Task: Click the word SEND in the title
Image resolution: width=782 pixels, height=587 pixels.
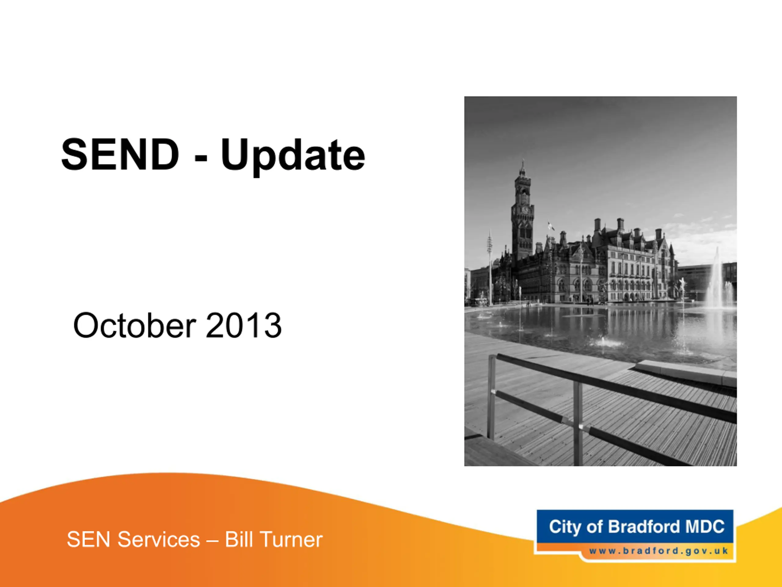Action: point(120,155)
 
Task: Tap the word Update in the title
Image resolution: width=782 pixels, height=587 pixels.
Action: point(293,157)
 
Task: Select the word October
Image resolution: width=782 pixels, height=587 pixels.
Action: point(134,325)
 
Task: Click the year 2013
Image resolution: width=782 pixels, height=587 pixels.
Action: point(243,326)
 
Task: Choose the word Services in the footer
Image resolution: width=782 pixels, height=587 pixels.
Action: point(159,540)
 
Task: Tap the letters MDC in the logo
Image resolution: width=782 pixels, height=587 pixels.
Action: point(705,526)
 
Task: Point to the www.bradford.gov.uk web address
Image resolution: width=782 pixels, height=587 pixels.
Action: point(659,551)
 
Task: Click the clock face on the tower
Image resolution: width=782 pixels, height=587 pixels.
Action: point(525,210)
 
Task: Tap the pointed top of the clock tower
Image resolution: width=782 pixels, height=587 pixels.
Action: point(522,162)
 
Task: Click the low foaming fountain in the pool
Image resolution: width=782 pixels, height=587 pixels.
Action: point(604,341)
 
